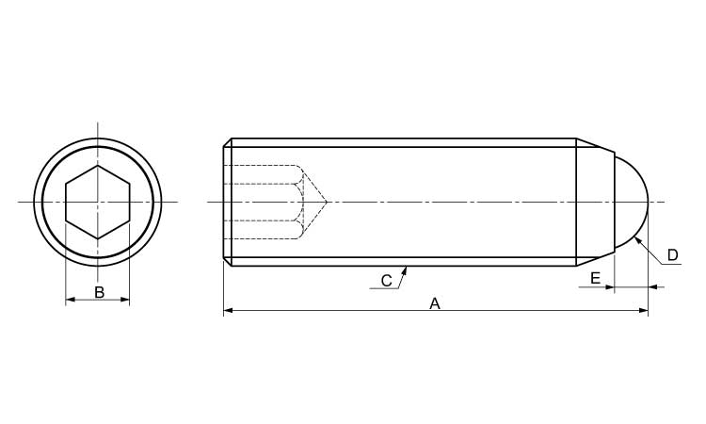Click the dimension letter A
click(x=435, y=303)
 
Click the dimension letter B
click(x=99, y=292)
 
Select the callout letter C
click(x=386, y=280)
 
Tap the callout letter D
click(x=672, y=254)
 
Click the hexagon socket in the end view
click(x=98, y=202)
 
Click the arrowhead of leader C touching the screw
click(x=405, y=269)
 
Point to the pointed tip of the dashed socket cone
click(x=327, y=202)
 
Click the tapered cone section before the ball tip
click(x=595, y=202)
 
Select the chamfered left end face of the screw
click(x=227, y=202)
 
